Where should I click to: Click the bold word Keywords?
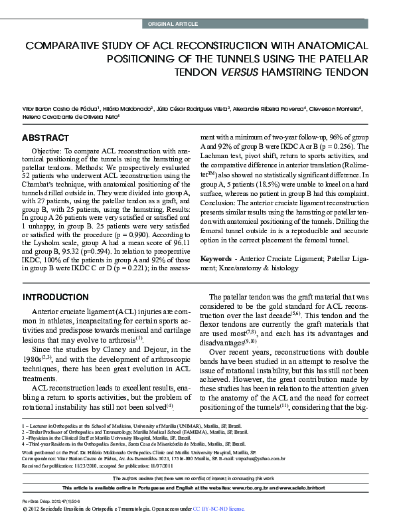216,256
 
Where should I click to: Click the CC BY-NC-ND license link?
218,509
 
